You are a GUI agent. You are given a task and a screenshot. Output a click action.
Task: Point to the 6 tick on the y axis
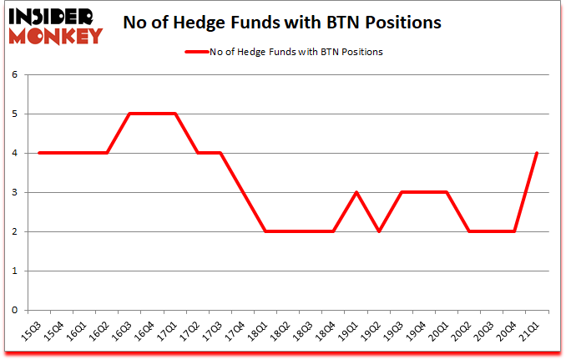13,74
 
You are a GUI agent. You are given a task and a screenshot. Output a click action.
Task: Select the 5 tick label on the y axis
13,114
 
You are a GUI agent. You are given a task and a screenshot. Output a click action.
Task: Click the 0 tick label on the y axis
13,310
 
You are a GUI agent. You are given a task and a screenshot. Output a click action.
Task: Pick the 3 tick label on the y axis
13,192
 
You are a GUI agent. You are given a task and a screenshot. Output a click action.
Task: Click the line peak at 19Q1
356,192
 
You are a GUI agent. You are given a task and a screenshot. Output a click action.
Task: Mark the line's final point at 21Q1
537,153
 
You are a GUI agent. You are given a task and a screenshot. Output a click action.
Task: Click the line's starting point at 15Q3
38,153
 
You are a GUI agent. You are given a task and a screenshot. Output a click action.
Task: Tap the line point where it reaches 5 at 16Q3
129,114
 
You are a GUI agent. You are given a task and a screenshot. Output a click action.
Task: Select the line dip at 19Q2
378,231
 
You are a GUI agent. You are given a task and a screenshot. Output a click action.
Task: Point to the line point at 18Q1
265,231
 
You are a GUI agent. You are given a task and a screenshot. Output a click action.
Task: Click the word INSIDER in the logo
52,16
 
